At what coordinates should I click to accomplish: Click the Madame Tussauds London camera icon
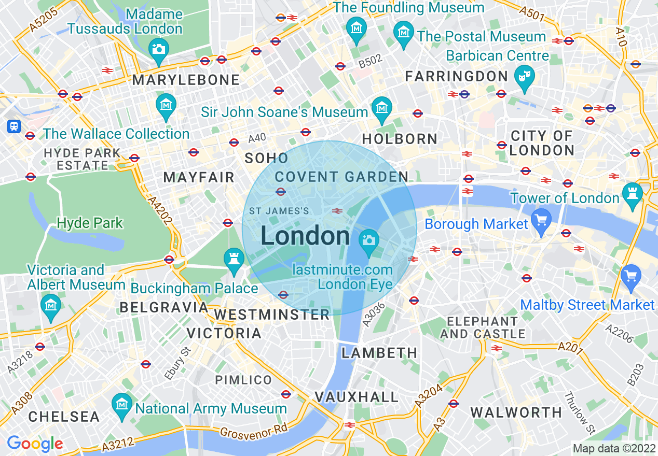click(158, 49)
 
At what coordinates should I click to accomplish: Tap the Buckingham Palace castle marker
click(234, 258)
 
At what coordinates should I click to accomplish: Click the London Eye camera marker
click(369, 240)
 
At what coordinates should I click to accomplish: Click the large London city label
click(305, 236)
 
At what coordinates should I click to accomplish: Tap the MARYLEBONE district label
click(186, 80)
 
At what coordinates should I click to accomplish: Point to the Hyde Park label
click(90, 223)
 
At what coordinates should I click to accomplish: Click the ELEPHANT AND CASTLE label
click(483, 327)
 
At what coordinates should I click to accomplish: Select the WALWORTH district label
click(516, 412)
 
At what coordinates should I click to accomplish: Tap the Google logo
click(35, 444)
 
